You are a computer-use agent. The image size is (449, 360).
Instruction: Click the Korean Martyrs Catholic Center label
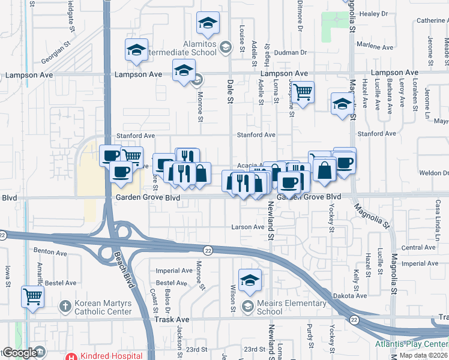point(103,308)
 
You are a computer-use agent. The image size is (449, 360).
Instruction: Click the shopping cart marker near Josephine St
point(303,92)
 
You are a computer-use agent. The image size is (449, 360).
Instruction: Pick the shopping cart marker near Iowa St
point(32,296)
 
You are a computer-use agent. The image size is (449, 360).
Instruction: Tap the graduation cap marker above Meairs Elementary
point(250,280)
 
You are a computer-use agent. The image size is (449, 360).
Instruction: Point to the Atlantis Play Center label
point(412,344)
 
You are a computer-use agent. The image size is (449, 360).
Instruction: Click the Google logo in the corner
point(19,353)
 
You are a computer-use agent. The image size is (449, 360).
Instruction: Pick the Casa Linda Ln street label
point(439,219)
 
